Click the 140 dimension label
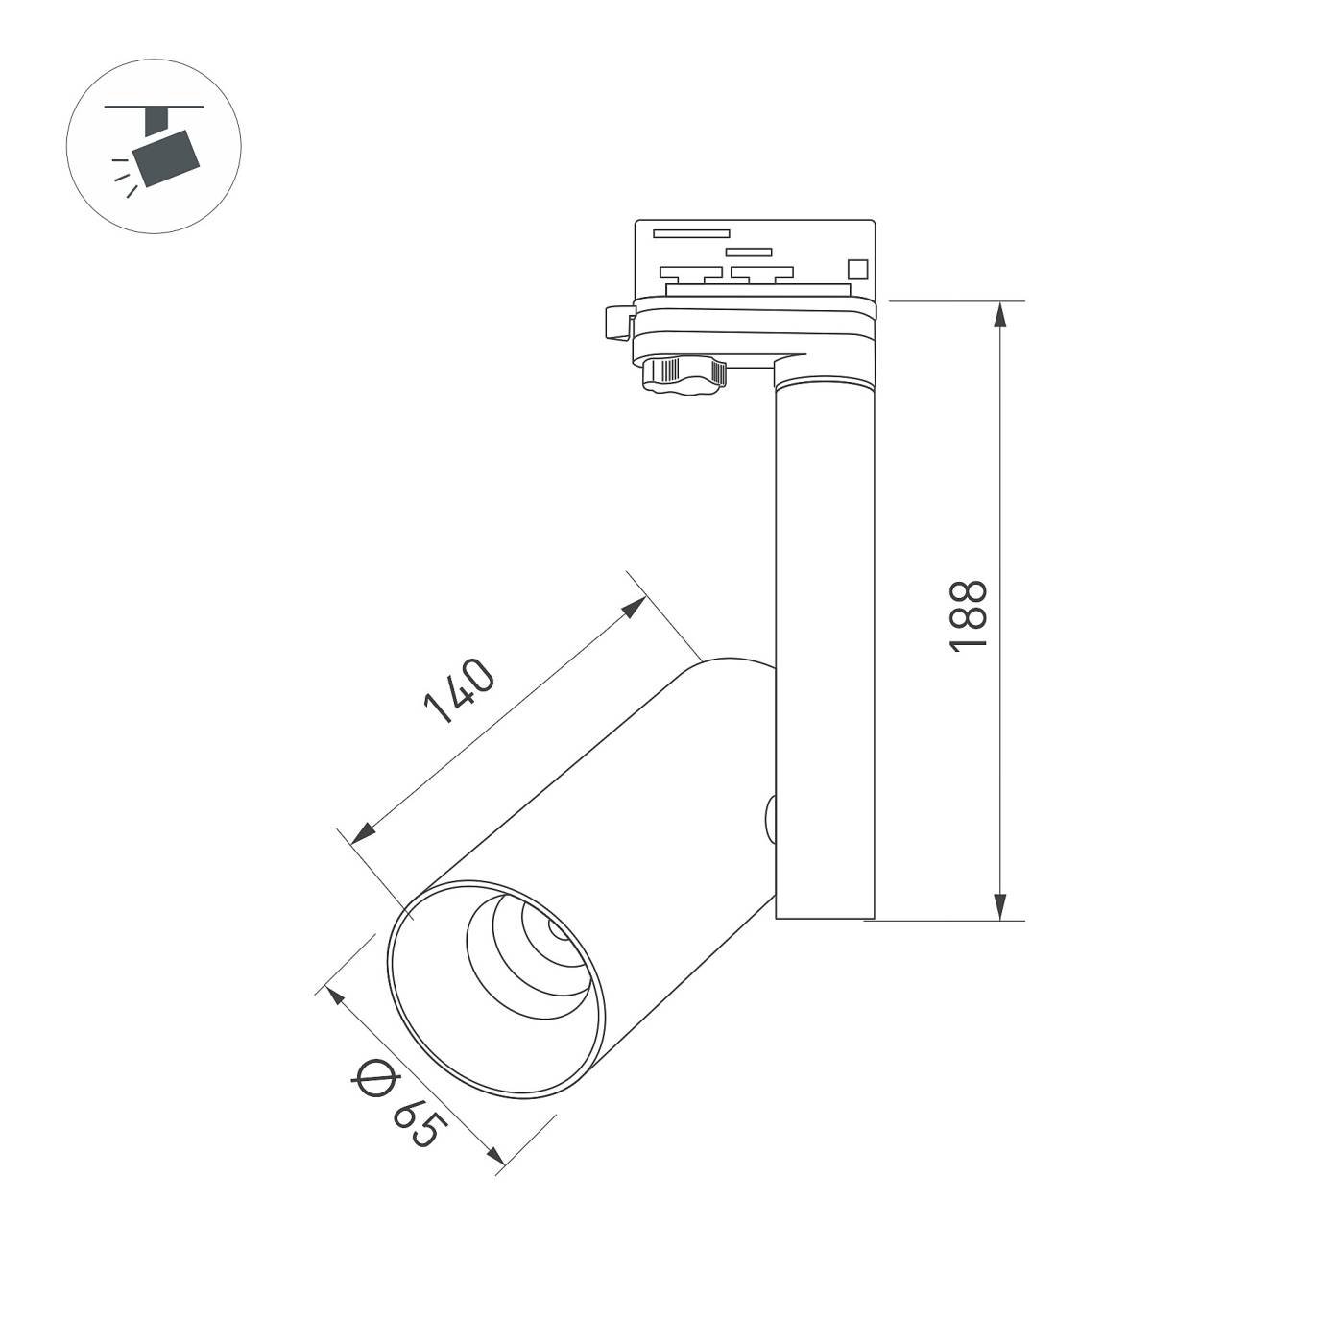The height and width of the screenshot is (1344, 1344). tap(459, 690)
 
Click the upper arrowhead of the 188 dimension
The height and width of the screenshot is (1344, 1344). tap(1000, 317)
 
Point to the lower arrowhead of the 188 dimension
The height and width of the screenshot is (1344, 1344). tap(1000, 905)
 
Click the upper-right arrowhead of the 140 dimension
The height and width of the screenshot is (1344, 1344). tap(635, 607)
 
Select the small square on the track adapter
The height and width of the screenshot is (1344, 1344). tap(856, 269)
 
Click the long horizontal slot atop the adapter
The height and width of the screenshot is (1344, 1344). tap(691, 233)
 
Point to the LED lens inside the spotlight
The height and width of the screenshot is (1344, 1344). tap(555, 929)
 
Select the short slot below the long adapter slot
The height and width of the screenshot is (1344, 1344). tap(749, 252)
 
